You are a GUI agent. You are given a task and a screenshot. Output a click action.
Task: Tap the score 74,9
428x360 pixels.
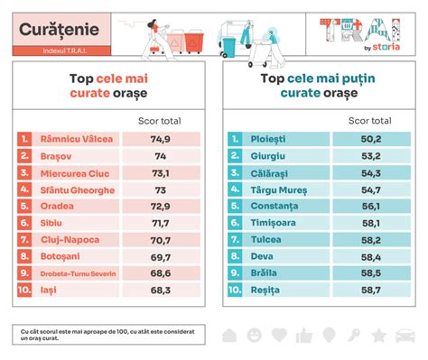[x=161, y=139]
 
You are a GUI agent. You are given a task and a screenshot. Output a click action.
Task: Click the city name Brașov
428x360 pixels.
[x=57, y=156]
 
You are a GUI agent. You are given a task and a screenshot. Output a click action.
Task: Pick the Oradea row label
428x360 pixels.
[x=57, y=207]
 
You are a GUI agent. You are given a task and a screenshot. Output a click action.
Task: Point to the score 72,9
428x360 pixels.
[x=161, y=207]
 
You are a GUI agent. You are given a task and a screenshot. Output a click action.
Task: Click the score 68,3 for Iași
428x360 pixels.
[x=161, y=291]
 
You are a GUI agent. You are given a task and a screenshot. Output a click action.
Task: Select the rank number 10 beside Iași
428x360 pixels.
[x=24, y=291]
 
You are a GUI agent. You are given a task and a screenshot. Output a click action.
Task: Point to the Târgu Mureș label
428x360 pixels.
[x=280, y=189]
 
